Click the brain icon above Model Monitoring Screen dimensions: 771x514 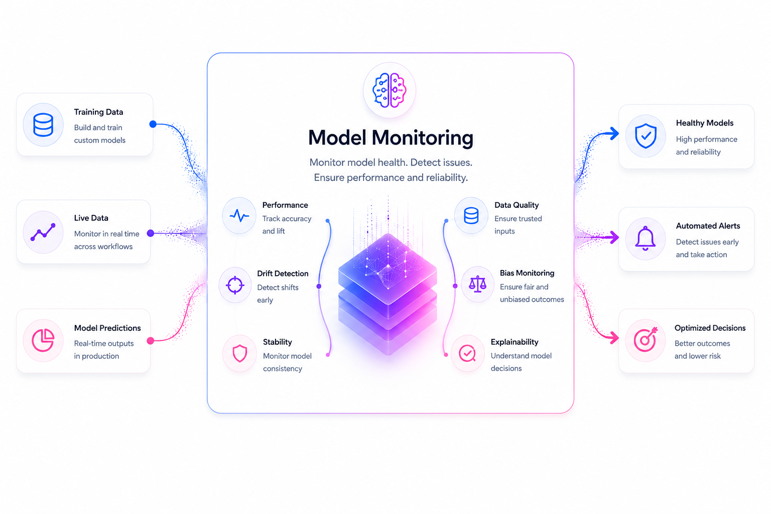coord(390,90)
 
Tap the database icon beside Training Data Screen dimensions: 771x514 coord(43,124)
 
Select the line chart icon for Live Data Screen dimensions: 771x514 coord(43,232)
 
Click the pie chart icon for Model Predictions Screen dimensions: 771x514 coord(43,340)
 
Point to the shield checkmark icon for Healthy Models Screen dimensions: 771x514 coord(646,136)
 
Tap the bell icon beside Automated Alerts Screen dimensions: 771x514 coord(646,238)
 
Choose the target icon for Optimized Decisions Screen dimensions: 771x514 coord(646,339)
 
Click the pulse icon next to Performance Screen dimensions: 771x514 coord(239,216)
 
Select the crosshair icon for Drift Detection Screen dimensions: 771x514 coord(235,285)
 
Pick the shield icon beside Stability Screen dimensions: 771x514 coord(239,353)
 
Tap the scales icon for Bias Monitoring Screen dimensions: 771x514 coord(477,285)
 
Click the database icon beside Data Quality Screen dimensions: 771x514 coord(471,216)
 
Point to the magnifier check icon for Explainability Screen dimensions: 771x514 coord(467,353)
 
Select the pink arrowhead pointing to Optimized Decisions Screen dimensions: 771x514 coord(614,337)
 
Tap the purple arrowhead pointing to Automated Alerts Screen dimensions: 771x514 coord(614,237)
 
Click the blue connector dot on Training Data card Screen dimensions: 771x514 coord(153,124)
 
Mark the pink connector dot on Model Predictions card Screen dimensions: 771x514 coord(151,341)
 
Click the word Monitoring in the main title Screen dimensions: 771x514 coord(422,139)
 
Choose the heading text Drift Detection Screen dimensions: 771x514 coord(283,274)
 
